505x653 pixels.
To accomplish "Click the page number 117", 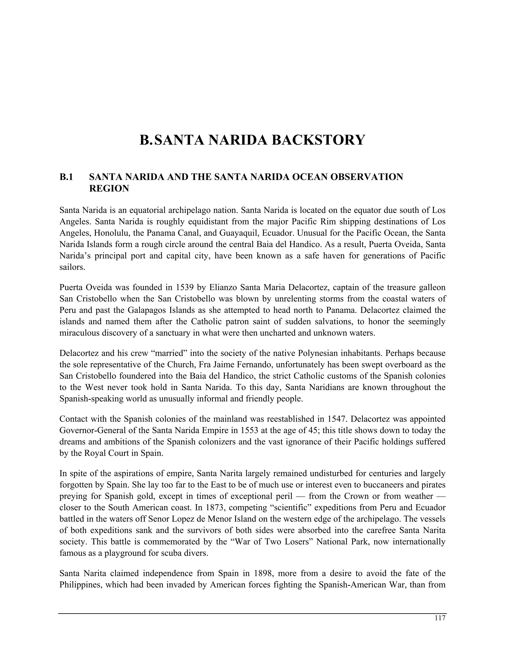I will pyautogui.click(x=440, y=618).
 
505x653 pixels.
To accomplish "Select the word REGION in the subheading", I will pyautogui.click(x=109, y=189).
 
